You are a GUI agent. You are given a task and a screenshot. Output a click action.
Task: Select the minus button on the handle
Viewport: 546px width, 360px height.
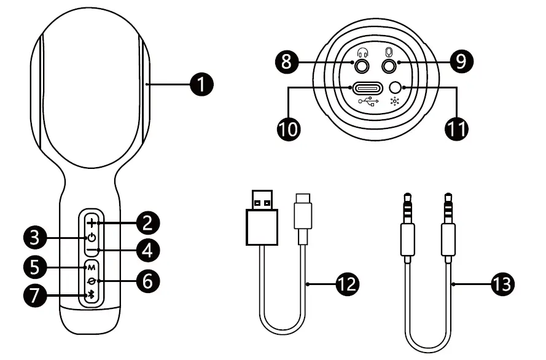coord(91,251)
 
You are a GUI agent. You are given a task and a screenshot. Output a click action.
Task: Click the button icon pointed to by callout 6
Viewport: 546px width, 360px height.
coord(91,281)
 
